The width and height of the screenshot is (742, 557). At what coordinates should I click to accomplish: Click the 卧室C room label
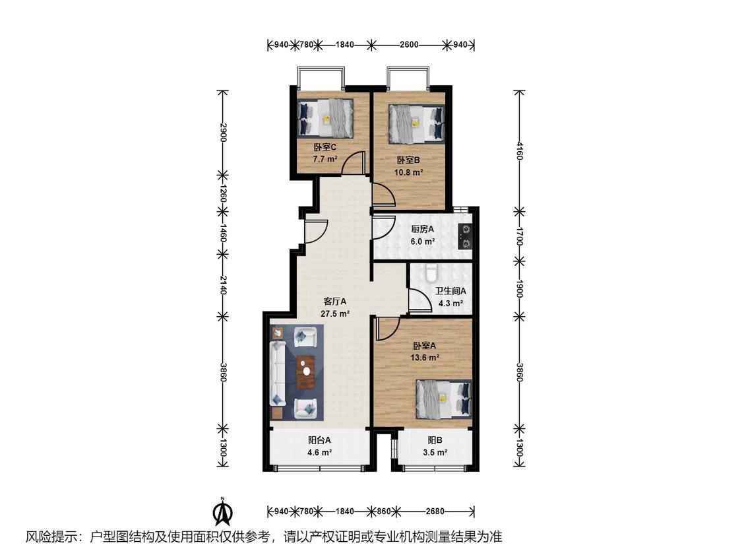pyautogui.click(x=325, y=147)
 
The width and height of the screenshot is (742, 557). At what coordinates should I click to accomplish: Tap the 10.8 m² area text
pyautogui.click(x=408, y=172)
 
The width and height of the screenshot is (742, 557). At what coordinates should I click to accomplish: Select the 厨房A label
pyautogui.click(x=422, y=229)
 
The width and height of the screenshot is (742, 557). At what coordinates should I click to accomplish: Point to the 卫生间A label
pyautogui.click(x=450, y=291)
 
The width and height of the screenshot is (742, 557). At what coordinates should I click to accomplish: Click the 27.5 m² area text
pyautogui.click(x=335, y=313)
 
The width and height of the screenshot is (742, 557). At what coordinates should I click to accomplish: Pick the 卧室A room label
pyautogui.click(x=425, y=346)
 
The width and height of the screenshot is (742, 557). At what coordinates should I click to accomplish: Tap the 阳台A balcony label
pyautogui.click(x=319, y=440)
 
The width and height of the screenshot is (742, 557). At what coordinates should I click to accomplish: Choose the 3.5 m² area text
pyautogui.click(x=435, y=452)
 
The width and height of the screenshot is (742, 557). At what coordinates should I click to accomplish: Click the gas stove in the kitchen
pyautogui.click(x=466, y=237)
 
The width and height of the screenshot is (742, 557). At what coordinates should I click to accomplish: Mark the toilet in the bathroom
pyautogui.click(x=431, y=273)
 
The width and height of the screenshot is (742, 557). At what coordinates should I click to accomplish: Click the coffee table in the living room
pyautogui.click(x=306, y=372)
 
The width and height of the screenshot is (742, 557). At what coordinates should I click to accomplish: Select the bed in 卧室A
pyautogui.click(x=443, y=399)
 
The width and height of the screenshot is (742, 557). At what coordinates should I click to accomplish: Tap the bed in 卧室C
pyautogui.click(x=325, y=117)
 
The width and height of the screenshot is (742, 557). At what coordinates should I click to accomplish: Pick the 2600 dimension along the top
pyautogui.click(x=409, y=44)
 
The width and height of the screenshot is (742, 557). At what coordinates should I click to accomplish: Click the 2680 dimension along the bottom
pyautogui.click(x=435, y=511)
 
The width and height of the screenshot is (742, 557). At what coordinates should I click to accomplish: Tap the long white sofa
pyautogui.click(x=277, y=374)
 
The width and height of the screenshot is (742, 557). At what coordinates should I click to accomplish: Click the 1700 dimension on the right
pyautogui.click(x=519, y=236)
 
